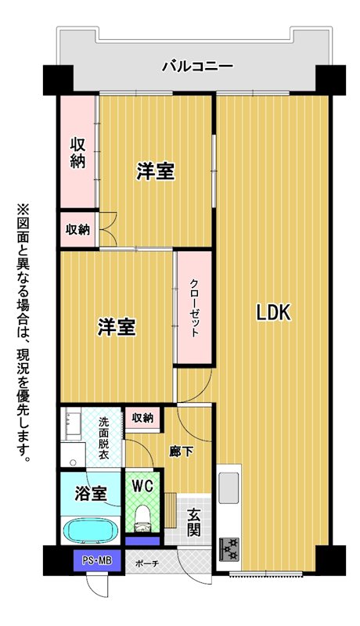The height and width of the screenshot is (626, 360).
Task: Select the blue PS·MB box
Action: (97, 559)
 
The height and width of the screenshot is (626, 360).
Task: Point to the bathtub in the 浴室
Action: (91, 531)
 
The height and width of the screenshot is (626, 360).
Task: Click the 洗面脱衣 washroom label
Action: (103, 439)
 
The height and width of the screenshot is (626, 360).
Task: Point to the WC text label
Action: (142, 485)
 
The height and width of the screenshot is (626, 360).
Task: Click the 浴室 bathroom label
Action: (91, 494)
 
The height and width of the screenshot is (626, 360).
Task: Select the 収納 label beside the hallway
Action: (142, 418)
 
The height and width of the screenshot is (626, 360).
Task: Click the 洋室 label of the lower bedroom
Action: (117, 327)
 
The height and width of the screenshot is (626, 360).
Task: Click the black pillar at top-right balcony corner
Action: (330, 80)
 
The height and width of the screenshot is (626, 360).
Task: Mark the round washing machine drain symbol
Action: (73, 462)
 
